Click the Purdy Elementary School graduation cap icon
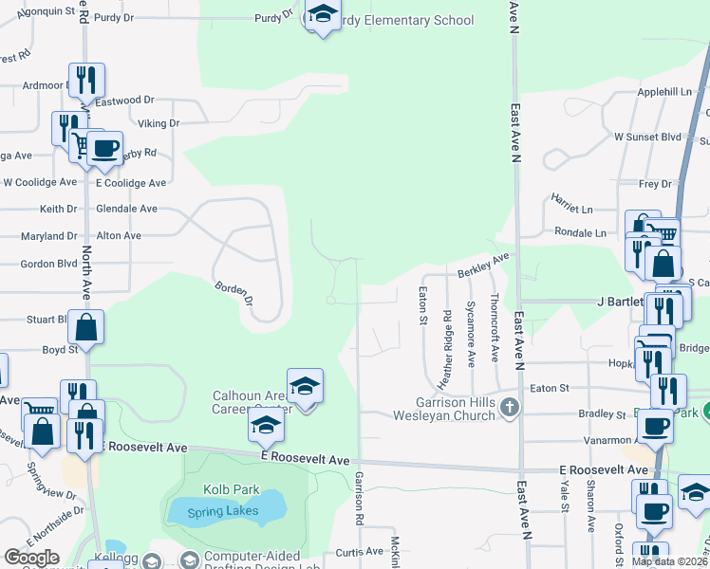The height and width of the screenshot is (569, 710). pyautogui.click(x=323, y=16)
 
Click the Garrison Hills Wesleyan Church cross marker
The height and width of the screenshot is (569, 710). pyautogui.click(x=510, y=408)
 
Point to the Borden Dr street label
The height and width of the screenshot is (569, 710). pyautogui.click(x=234, y=293)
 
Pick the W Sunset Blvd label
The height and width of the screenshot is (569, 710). pyautogui.click(x=647, y=137)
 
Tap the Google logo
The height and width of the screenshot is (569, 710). pyautogui.click(x=31, y=558)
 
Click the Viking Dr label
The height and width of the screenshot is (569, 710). pyautogui.click(x=159, y=123)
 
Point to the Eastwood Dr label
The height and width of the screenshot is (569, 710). pyautogui.click(x=124, y=100)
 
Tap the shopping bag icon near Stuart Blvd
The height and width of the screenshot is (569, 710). pyautogui.click(x=85, y=327)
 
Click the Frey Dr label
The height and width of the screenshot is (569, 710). pyautogui.click(x=655, y=184)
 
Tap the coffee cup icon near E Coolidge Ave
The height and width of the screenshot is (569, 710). pyautogui.click(x=105, y=148)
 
